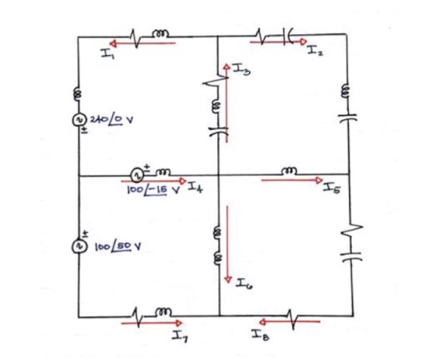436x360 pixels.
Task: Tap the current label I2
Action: [315, 51]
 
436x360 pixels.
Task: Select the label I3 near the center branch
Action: [241, 69]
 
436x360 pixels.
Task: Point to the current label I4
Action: [195, 187]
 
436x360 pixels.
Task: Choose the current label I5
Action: [332, 189]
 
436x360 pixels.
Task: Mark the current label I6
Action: [244, 284]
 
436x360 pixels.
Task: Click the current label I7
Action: [180, 337]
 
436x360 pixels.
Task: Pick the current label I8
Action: [260, 335]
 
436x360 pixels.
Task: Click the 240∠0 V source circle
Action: [79, 120]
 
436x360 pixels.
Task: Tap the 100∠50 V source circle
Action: [79, 247]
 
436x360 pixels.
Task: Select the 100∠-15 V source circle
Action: [137, 175]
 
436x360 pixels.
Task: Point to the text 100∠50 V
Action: [118, 246]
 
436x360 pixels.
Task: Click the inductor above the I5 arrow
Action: [290, 171]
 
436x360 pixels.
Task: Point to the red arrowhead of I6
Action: [228, 279]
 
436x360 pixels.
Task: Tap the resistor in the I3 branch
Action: [216, 81]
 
